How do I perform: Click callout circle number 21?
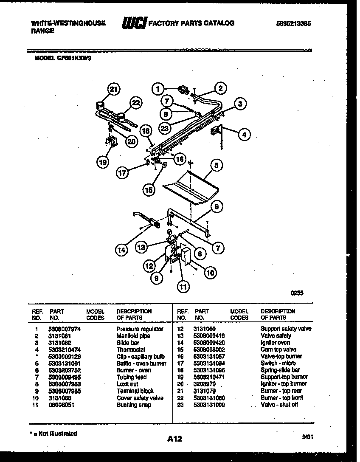tap(113, 89)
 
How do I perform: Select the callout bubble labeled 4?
tap(244, 135)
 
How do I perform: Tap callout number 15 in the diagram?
tap(149, 190)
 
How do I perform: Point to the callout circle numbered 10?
tap(210, 273)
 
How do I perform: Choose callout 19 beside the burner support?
tap(101, 161)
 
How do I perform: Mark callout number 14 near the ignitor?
tap(122, 250)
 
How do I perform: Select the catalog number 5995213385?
tap(293, 24)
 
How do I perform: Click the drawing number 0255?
tap(297, 293)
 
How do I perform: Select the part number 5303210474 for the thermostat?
tap(65, 349)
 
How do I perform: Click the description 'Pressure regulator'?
tap(140, 329)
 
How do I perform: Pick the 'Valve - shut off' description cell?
tap(279, 405)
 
